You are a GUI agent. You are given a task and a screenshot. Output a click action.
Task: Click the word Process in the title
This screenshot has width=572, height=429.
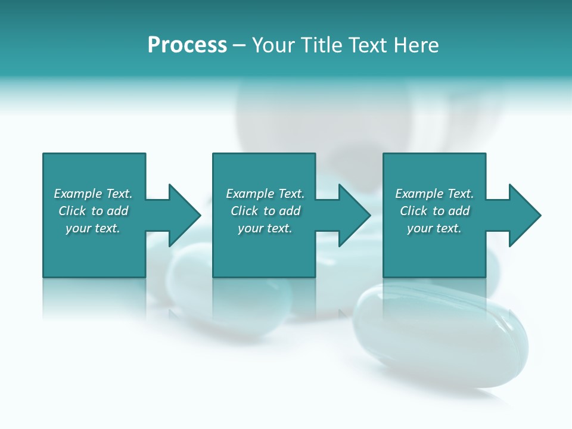[x=187, y=45]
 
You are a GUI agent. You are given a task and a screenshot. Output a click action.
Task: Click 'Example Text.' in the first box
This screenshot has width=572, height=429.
[x=93, y=194]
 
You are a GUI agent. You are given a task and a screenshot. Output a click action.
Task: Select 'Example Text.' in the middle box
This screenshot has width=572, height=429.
[x=265, y=194]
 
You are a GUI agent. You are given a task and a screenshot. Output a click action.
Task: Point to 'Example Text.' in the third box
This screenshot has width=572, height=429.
[x=434, y=194]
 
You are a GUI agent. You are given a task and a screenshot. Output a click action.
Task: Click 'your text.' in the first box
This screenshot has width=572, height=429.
[x=93, y=228]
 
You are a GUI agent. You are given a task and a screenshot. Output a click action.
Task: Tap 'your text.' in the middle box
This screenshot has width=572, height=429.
[x=265, y=228]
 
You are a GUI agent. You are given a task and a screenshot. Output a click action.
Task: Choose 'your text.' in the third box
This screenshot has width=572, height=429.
[x=434, y=228]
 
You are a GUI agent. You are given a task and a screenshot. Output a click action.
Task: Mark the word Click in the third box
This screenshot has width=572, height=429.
[x=414, y=211]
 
